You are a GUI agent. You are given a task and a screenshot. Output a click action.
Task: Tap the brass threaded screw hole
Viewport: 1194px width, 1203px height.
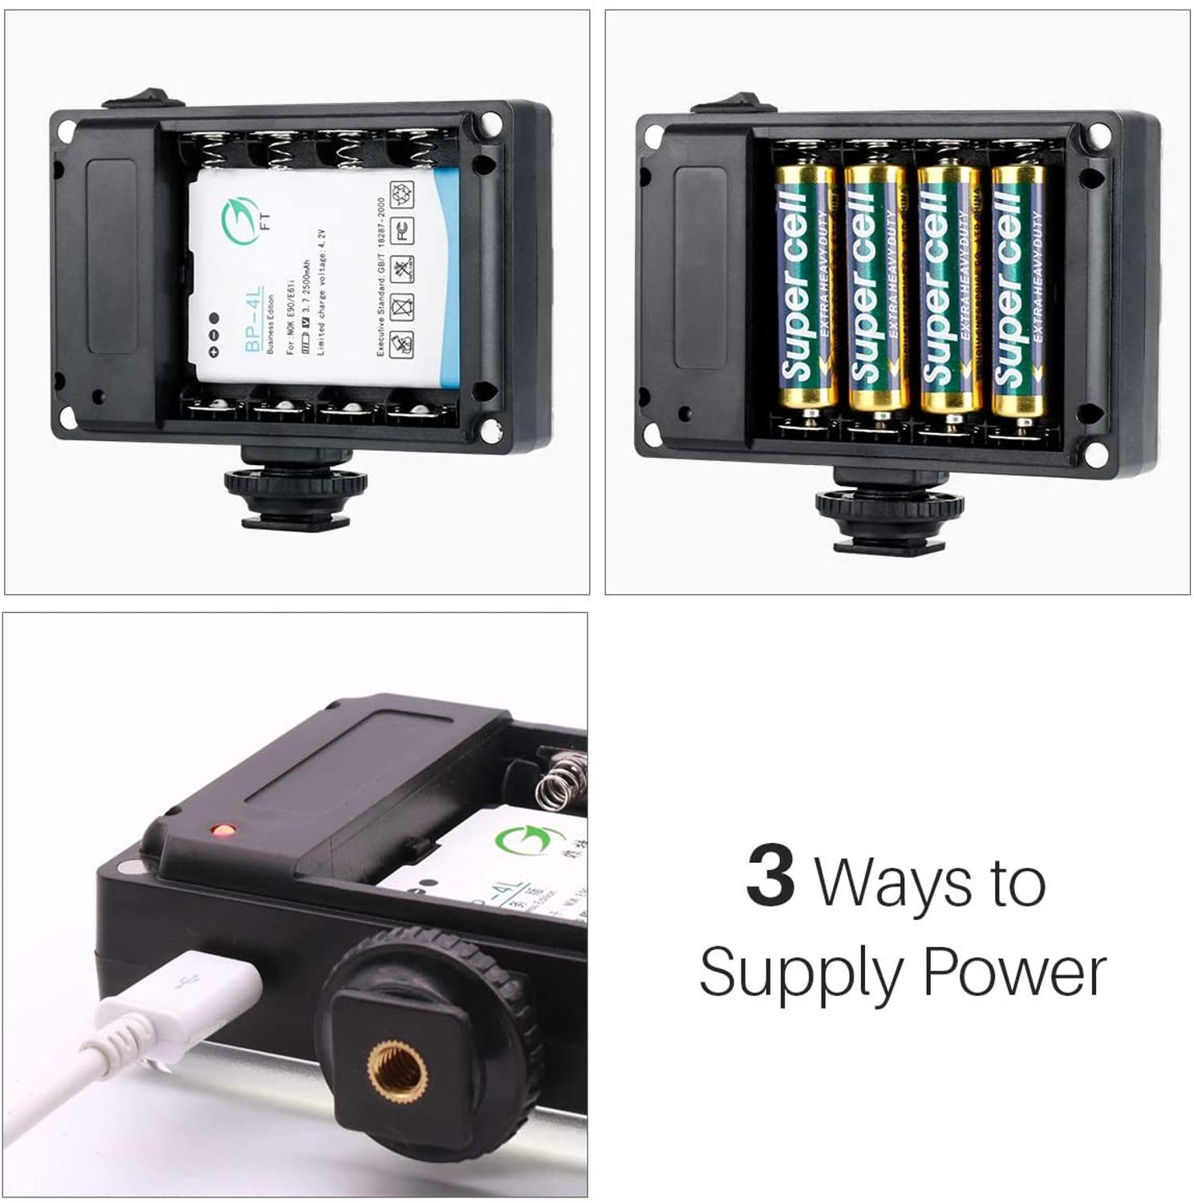397,1071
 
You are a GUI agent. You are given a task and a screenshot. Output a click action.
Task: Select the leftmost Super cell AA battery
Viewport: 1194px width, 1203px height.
805,289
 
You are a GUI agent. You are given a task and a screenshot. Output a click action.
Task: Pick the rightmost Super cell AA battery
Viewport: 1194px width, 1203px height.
1018,289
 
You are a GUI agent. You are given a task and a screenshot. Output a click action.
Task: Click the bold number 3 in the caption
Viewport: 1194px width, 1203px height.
770,877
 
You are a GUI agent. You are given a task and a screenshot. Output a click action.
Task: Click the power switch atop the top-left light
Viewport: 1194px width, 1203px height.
133,99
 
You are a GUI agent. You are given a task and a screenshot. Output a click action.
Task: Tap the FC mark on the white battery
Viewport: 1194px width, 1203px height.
402,230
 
